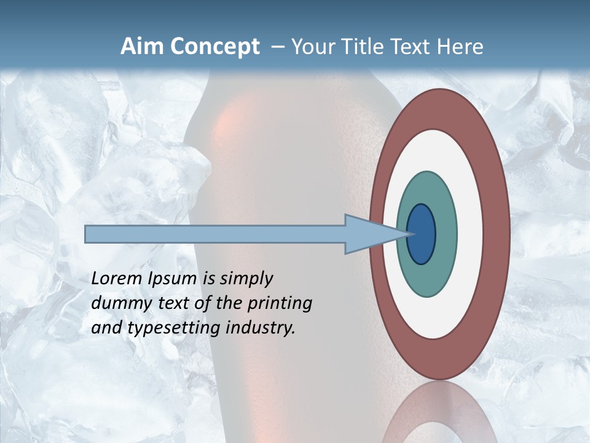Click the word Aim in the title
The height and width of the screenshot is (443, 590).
[x=143, y=47]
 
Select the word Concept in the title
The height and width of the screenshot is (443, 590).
[x=215, y=47]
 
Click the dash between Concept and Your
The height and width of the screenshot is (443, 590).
[x=277, y=47]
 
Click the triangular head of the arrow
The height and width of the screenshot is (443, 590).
[x=369, y=234]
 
